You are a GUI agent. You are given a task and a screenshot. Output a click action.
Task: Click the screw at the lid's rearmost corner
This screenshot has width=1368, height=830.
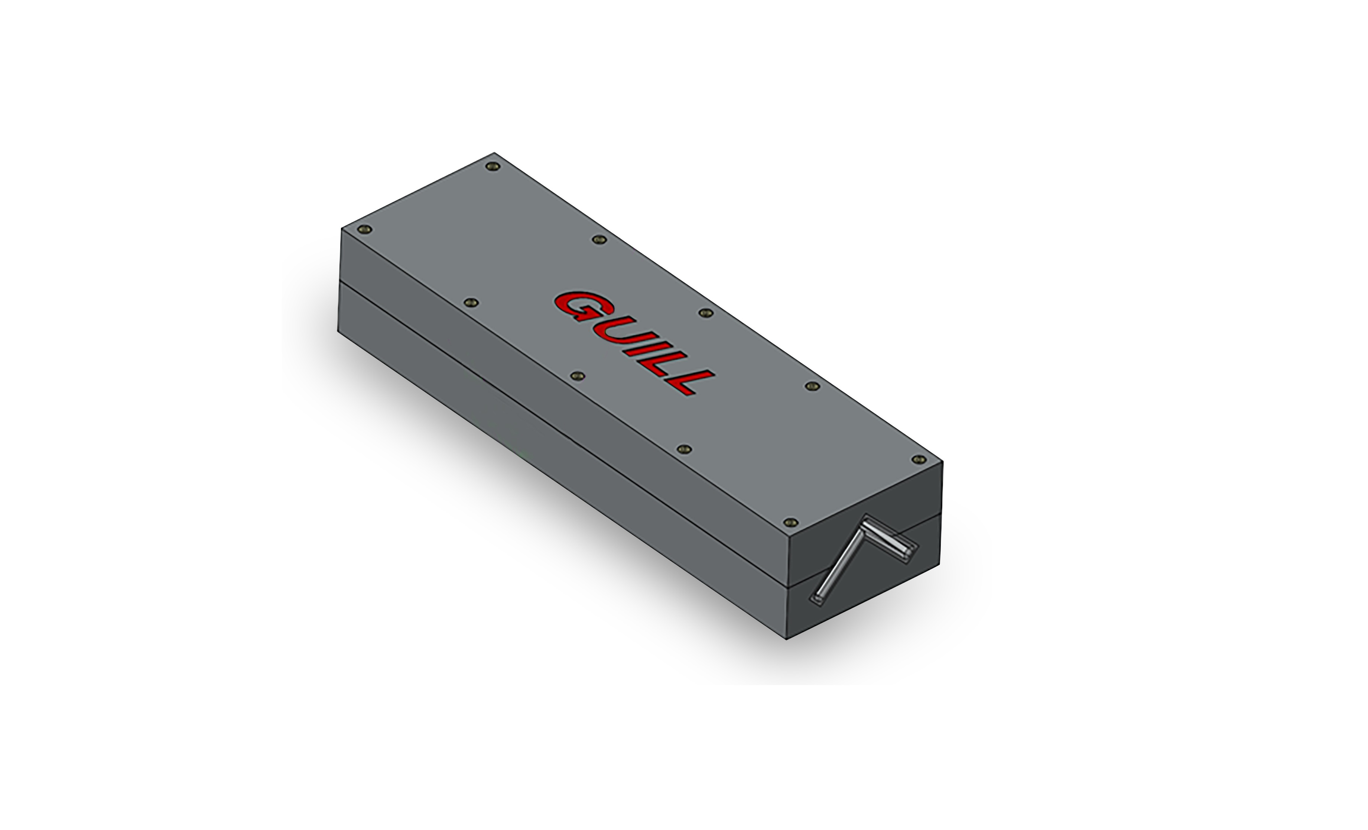(x=492, y=167)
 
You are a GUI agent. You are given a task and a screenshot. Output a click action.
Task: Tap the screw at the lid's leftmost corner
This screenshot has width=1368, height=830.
(x=364, y=229)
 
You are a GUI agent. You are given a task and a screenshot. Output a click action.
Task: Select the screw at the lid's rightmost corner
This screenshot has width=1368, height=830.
(x=919, y=459)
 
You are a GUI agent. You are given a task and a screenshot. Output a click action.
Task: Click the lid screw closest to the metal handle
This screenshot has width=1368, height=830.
(x=790, y=522)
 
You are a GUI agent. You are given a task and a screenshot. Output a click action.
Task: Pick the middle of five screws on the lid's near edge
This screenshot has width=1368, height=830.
(x=578, y=376)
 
